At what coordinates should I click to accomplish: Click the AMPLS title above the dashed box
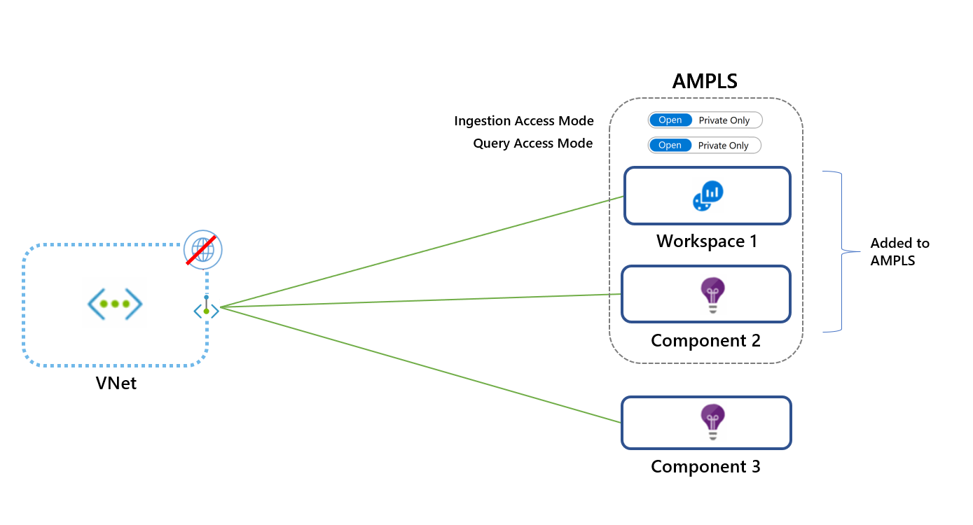click(705, 81)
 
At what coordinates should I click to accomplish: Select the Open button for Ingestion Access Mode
click(670, 120)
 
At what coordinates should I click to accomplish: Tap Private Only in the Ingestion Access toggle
click(724, 120)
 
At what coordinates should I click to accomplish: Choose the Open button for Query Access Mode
click(670, 146)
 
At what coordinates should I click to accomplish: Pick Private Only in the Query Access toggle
click(724, 146)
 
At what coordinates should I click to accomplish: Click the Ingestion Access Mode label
click(523, 121)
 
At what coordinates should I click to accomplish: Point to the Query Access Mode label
click(532, 143)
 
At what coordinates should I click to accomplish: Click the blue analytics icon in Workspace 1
click(708, 196)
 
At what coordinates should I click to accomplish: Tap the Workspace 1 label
click(706, 241)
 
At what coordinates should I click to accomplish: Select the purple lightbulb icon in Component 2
click(712, 295)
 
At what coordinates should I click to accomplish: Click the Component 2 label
click(705, 341)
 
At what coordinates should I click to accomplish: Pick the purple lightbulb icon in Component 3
click(712, 422)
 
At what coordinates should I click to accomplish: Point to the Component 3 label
click(705, 467)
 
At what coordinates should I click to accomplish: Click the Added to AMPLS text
click(899, 252)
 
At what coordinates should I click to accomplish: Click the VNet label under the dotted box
click(116, 384)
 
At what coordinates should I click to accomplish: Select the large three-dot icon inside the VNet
click(115, 304)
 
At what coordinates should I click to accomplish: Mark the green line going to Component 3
click(420, 364)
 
